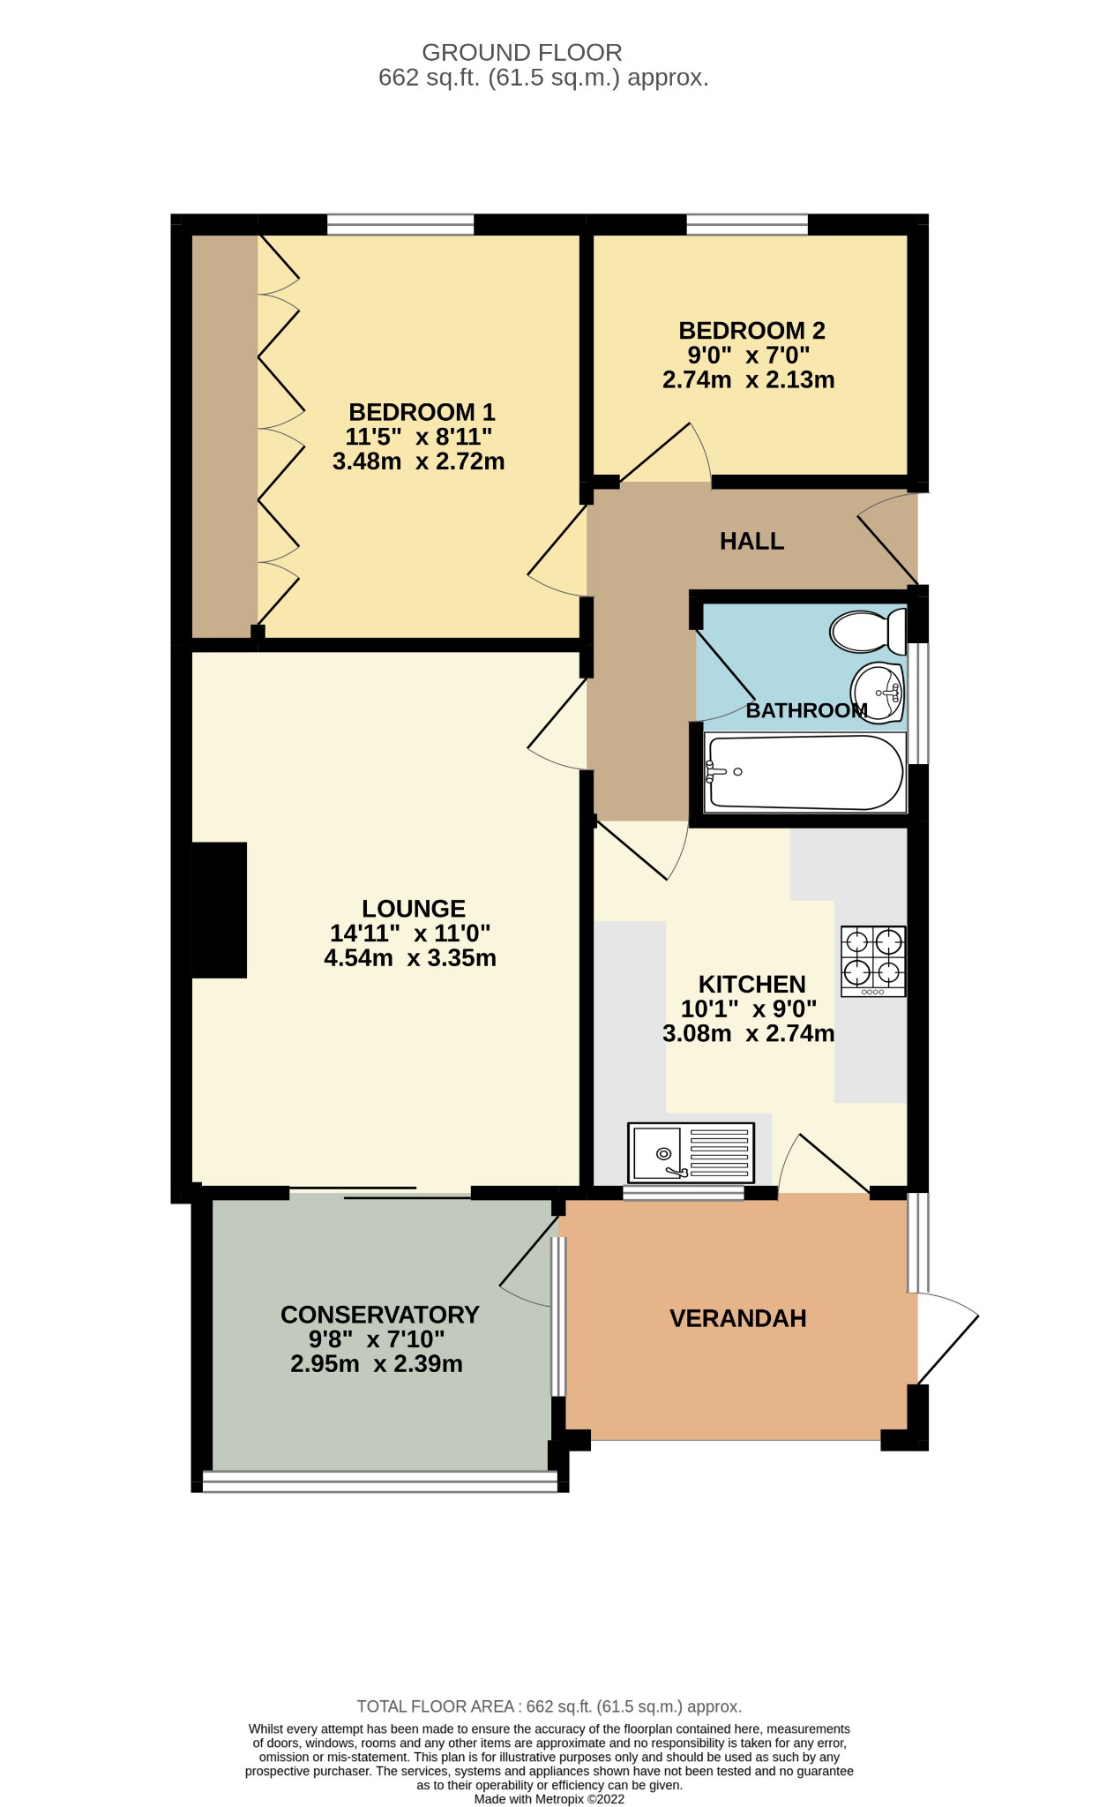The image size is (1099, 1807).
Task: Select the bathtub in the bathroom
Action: pyautogui.click(x=804, y=773)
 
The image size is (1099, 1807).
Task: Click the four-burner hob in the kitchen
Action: pyautogui.click(x=873, y=961)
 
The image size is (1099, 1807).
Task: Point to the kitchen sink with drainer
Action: pyautogui.click(x=691, y=1152)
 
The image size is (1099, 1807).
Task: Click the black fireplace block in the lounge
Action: pyautogui.click(x=219, y=910)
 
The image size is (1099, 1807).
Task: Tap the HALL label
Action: pyautogui.click(x=751, y=542)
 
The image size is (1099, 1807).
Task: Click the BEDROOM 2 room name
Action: pyautogui.click(x=751, y=331)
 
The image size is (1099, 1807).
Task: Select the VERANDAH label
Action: pyautogui.click(x=737, y=1319)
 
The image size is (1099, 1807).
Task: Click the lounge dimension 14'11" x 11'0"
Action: pyautogui.click(x=410, y=933)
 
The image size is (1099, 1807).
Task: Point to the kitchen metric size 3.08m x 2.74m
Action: pyautogui.click(x=748, y=1034)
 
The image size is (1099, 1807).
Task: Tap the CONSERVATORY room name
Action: pyautogui.click(x=379, y=1315)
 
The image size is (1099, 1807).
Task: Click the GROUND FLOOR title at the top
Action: pyautogui.click(x=521, y=53)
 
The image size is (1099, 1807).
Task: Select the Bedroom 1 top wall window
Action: pyautogui.click(x=400, y=226)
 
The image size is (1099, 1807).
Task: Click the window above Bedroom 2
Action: pyautogui.click(x=747, y=226)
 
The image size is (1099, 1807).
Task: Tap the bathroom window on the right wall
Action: pyautogui.click(x=918, y=703)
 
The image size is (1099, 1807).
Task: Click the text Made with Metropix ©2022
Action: pyautogui.click(x=549, y=1799)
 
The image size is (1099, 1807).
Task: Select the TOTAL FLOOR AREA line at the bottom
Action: pyautogui.click(x=549, y=1706)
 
